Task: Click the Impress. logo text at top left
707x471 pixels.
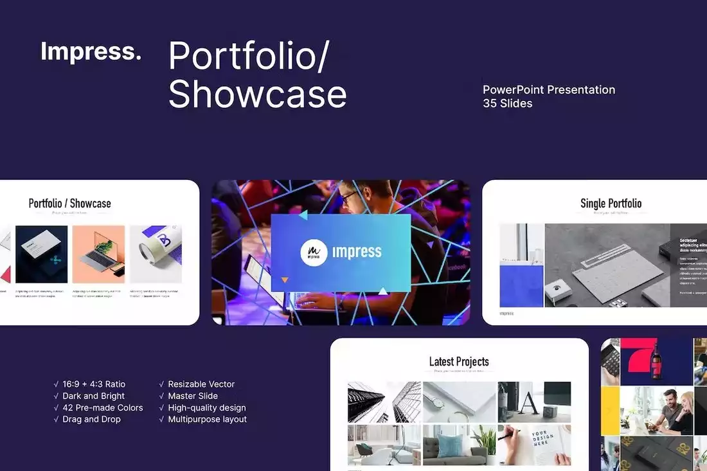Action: (91, 51)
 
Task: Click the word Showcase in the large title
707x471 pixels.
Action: (257, 94)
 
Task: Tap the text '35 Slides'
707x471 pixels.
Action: (508, 103)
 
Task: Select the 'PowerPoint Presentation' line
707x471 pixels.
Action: (549, 89)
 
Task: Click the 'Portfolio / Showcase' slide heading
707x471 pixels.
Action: (69, 203)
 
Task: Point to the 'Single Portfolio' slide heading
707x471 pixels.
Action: (611, 203)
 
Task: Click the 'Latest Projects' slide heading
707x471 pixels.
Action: (459, 362)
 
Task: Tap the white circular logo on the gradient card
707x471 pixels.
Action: (314, 252)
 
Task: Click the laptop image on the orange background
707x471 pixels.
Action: (98, 254)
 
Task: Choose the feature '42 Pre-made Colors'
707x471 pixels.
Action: (102, 407)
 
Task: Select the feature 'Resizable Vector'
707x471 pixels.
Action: (201, 384)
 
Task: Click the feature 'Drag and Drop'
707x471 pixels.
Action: (91, 419)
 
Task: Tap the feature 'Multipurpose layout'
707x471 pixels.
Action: (207, 419)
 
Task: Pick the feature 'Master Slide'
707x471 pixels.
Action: (193, 396)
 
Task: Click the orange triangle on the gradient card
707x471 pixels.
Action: (285, 280)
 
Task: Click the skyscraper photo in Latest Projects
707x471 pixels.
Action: (384, 402)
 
